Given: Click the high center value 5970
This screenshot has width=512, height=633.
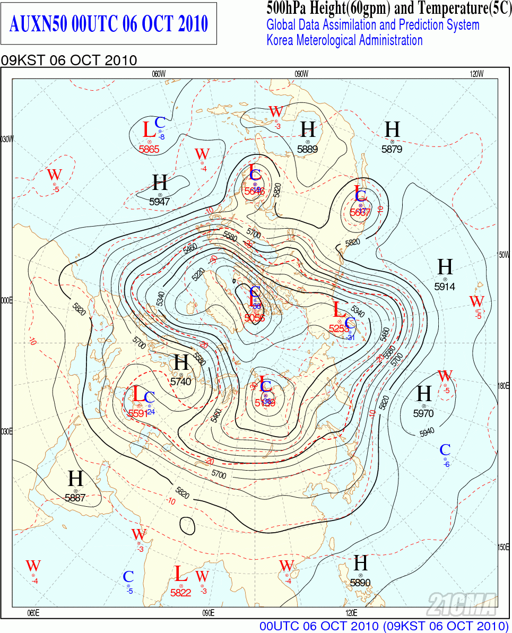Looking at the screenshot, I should [423, 413].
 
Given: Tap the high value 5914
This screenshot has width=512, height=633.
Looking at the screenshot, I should [445, 287].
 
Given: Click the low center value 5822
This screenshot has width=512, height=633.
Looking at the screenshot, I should [180, 593].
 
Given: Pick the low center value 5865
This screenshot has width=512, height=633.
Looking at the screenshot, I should [149, 149].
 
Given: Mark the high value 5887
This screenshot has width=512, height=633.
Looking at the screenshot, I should [75, 498].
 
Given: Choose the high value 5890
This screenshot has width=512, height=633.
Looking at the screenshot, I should [360, 583].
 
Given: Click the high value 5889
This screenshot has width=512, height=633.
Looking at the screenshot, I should [307, 149].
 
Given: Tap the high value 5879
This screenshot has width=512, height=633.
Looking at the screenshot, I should [392, 149].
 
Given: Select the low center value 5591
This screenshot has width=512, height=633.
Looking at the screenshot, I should [138, 413].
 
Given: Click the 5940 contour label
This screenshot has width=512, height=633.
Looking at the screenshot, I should [427, 432].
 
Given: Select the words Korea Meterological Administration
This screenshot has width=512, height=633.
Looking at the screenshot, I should [344, 40].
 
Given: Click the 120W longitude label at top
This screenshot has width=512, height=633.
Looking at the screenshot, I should [476, 74].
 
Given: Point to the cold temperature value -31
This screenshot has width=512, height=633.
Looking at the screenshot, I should [350, 338].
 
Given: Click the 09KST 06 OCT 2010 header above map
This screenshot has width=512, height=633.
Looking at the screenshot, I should [69, 60].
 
